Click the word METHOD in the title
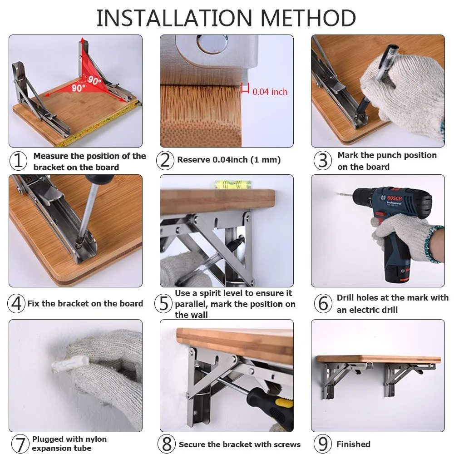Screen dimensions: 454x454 point(308,18)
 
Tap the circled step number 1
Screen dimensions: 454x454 point(19,160)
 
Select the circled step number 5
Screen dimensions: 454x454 point(163,303)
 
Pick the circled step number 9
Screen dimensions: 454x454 point(323,444)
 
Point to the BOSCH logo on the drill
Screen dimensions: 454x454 point(395,198)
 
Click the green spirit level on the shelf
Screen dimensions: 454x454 point(232,184)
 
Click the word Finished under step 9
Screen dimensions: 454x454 point(353,444)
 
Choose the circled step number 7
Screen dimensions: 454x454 point(20,444)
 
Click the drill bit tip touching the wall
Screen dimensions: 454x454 point(340,193)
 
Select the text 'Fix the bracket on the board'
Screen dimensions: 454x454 point(85,303)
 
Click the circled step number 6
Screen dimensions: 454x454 point(323,303)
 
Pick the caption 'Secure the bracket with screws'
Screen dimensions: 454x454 point(240,444)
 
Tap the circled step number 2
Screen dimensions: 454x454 point(165,160)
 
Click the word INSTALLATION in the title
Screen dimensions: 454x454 point(174,18)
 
